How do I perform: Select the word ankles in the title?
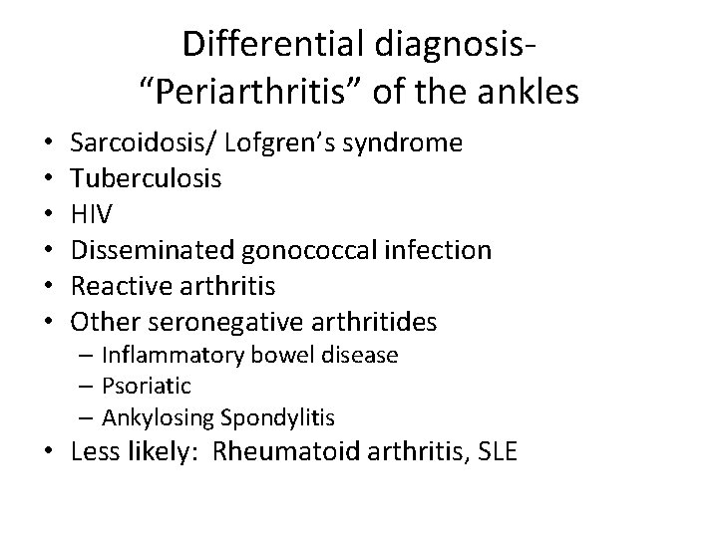click(528, 93)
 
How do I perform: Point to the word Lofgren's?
click(269, 143)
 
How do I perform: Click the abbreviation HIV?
click(92, 214)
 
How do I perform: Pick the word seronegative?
click(219, 322)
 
